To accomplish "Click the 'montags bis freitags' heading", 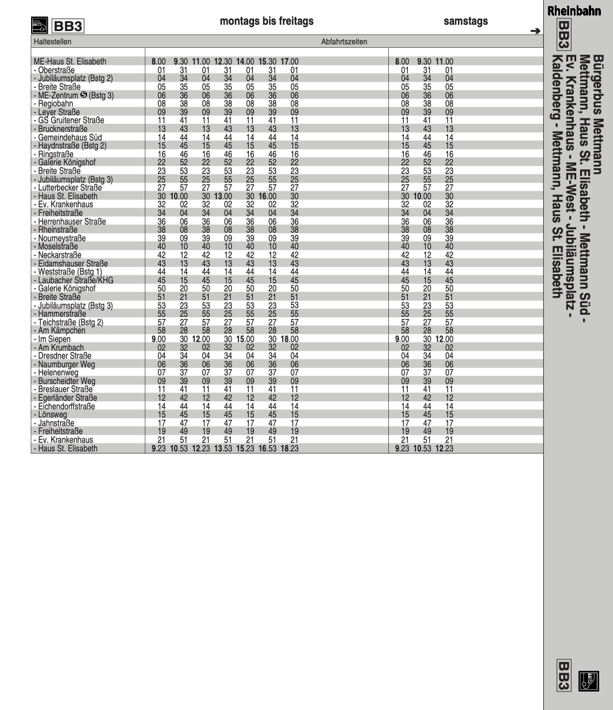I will pos(267,21).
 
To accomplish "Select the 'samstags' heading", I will pos(466,21).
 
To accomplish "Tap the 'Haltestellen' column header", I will pos(52,41).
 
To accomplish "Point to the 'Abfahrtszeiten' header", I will pos(344,41).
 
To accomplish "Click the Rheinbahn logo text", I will pos(574,10).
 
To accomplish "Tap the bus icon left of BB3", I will pos(39,25).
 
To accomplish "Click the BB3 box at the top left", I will pos(68,26).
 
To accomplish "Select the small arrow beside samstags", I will pos(535,31).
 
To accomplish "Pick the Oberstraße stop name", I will pos(56,70).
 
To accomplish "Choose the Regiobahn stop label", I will pos(55,104).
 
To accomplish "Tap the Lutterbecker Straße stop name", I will pos(70,188).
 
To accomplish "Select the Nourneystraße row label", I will pos(62,238).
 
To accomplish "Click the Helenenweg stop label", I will pos(58,373).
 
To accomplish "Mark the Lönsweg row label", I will pos(52,415).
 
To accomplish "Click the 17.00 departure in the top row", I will pos(289,62).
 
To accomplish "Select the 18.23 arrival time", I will pos(289,449).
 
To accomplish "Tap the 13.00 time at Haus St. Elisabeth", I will pos(223,196).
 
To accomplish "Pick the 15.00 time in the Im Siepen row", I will pos(245,339).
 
